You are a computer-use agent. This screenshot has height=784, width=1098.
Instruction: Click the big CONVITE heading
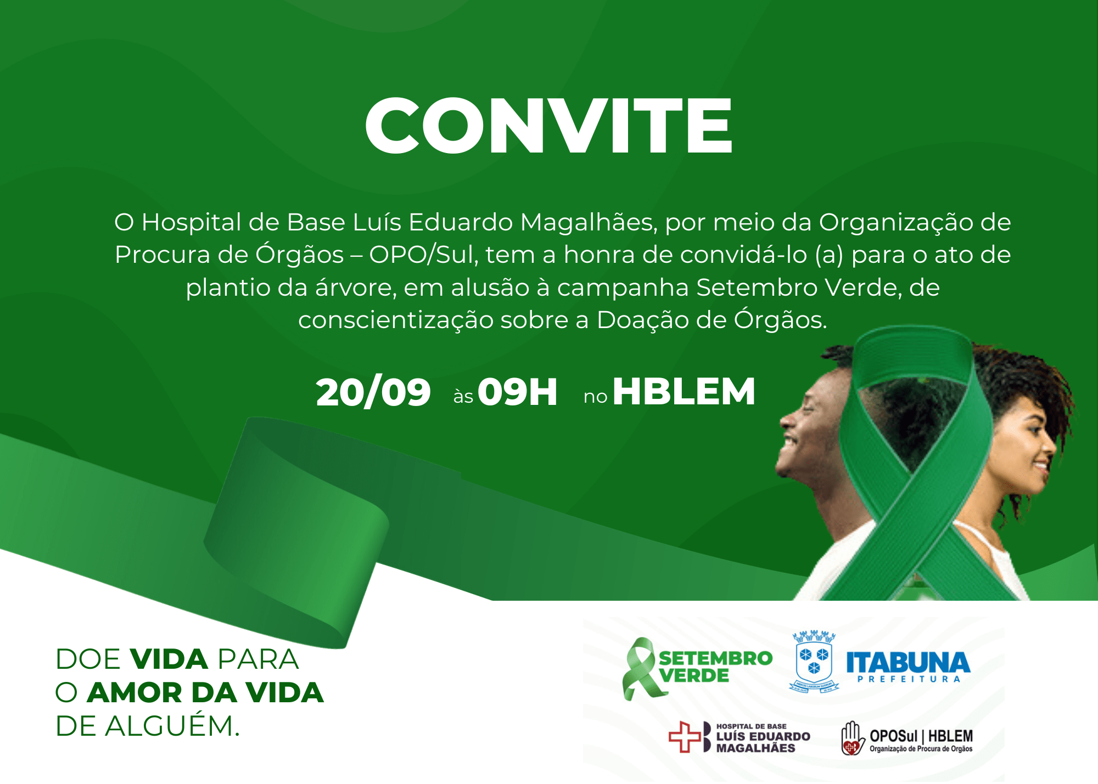tap(549, 126)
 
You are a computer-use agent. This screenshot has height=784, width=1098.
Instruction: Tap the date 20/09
tap(373, 392)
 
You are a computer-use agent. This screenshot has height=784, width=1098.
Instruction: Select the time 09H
tap(518, 392)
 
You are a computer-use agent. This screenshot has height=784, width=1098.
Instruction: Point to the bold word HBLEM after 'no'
tap(684, 392)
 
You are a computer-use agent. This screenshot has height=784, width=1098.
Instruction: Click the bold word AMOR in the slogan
tap(135, 692)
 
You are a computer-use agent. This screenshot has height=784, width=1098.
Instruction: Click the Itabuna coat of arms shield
tap(814, 663)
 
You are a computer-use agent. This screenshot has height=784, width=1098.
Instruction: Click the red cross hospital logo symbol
tap(685, 737)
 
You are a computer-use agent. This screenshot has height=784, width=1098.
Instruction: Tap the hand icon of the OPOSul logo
tap(852, 738)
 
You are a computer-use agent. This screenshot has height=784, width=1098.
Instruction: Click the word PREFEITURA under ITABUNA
tap(909, 679)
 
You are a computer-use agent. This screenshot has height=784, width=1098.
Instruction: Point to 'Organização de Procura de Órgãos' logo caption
tap(921, 749)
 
